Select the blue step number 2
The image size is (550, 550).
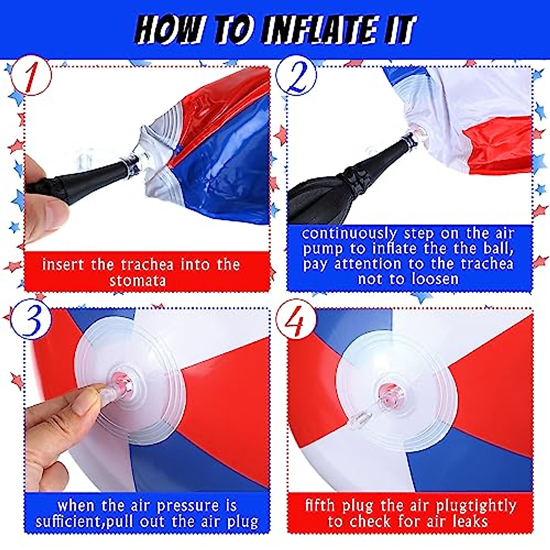[297, 79]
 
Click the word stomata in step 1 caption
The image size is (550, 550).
[137, 280]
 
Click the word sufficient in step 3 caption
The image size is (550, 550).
[69, 522]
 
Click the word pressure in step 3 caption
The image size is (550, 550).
[187, 506]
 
